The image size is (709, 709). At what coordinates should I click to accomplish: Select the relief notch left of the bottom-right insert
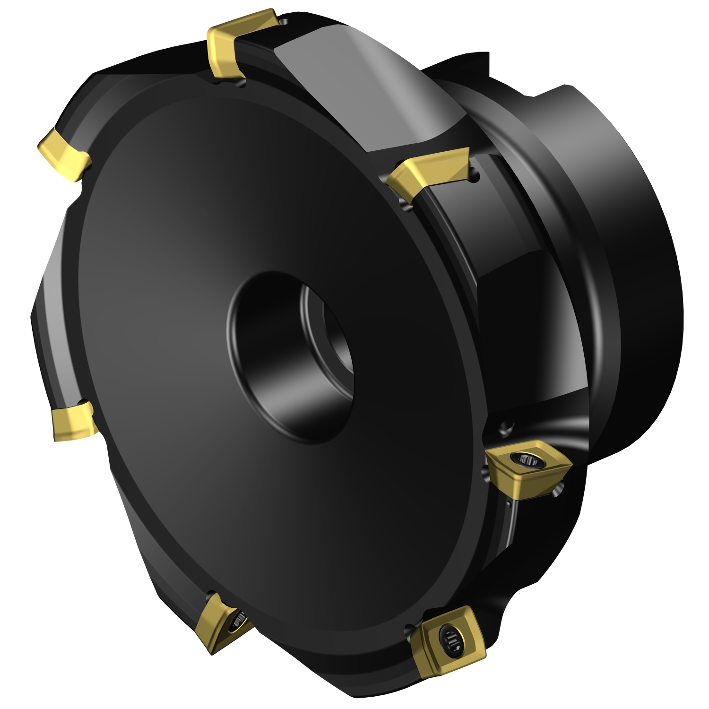coord(409,629)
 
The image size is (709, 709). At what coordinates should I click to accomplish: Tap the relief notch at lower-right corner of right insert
coord(558,492)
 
